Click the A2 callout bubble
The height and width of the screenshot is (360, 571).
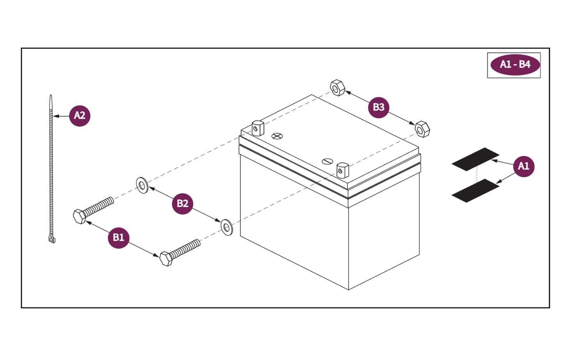point(80,116)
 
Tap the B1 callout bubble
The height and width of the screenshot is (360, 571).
point(118,238)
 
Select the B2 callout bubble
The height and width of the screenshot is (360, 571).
point(182,204)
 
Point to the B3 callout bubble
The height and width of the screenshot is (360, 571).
point(378,107)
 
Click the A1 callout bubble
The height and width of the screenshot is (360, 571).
point(523,167)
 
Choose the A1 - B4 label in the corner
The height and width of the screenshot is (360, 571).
point(515,65)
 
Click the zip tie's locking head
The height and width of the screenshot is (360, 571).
point(52,238)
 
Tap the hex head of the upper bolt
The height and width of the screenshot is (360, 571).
point(79,216)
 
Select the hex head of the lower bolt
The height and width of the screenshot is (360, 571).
point(166,259)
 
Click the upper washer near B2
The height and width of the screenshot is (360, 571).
point(142,185)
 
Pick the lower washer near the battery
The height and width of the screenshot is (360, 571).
point(227,227)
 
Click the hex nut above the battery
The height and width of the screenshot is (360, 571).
point(337,88)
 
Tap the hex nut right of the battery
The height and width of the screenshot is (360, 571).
point(422,129)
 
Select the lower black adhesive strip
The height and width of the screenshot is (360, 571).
point(475,191)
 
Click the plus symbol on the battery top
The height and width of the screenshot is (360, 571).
point(277,136)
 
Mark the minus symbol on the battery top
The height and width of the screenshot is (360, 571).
point(327,161)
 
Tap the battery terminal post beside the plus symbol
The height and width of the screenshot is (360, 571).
point(258,128)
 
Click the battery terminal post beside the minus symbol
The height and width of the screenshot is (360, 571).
point(342,170)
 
